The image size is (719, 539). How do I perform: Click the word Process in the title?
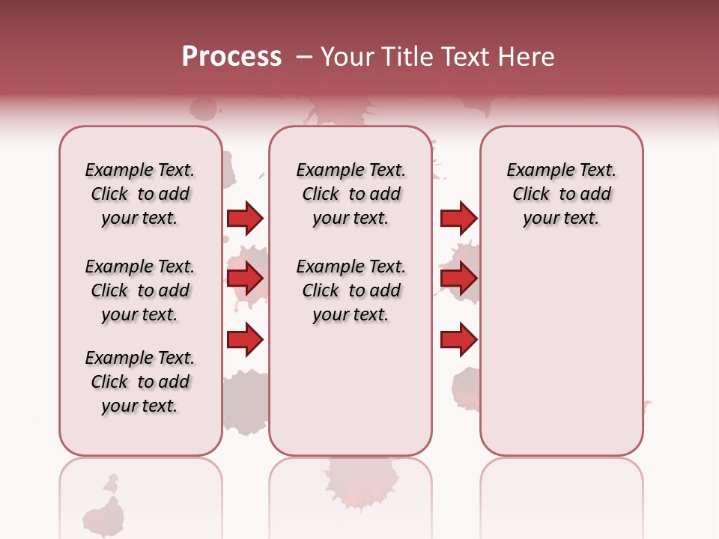(231, 57)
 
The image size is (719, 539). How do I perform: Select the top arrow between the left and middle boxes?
(245, 218)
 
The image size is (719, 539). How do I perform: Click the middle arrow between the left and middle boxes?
(245, 278)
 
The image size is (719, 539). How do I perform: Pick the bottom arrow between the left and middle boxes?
(245, 341)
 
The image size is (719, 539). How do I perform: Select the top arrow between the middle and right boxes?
(458, 218)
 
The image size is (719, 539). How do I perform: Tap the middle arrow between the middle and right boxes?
(458, 278)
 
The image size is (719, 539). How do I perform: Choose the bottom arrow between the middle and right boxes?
(458, 341)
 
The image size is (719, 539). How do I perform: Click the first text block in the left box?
(140, 194)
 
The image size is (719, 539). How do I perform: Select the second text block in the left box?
(140, 290)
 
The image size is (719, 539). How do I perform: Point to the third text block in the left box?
(140, 382)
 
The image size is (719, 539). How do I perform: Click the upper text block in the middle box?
(351, 194)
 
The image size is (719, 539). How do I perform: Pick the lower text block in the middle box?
(351, 290)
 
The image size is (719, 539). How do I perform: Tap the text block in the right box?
(562, 194)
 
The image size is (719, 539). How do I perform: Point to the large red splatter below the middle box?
(360, 483)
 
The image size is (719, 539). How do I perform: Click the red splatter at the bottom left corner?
(105, 513)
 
